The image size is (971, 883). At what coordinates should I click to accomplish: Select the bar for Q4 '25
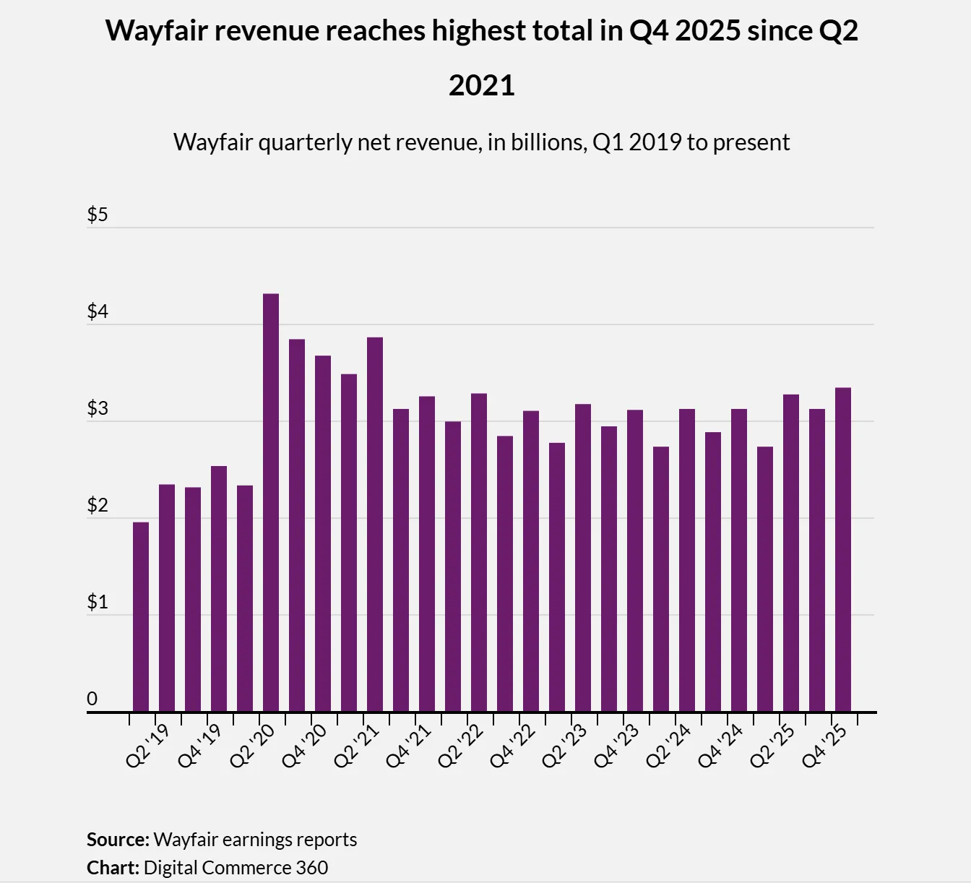click(843, 549)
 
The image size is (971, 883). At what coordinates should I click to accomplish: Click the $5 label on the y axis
click(98, 215)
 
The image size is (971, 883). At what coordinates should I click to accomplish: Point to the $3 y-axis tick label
click(98, 408)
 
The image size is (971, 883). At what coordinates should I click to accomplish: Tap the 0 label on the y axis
click(92, 699)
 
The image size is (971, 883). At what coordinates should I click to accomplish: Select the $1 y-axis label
click(98, 602)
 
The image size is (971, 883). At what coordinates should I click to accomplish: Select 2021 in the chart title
click(481, 85)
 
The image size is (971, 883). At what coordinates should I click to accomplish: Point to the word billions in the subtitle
click(548, 142)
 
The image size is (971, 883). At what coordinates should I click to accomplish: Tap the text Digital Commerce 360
click(236, 867)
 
